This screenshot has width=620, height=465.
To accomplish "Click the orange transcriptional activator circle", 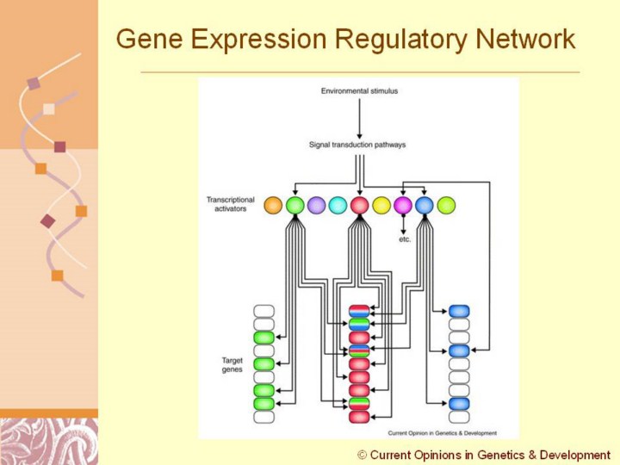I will pyautogui.click(x=273, y=205).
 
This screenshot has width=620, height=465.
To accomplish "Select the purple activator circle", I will pyautogui.click(x=316, y=205).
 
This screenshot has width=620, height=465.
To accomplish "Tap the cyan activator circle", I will pyautogui.click(x=338, y=205).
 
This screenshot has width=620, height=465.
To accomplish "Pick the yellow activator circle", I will pyautogui.click(x=381, y=205).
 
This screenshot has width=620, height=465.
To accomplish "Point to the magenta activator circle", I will pyautogui.click(x=403, y=205).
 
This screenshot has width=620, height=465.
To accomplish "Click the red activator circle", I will pyautogui.click(x=360, y=205).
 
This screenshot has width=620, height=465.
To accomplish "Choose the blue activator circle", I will pyautogui.click(x=425, y=205).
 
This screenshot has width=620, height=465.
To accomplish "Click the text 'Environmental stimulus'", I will pyautogui.click(x=359, y=90).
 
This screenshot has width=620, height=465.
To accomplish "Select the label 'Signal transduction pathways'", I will pyautogui.click(x=357, y=145).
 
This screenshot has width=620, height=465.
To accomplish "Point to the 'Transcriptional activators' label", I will pyautogui.click(x=231, y=205).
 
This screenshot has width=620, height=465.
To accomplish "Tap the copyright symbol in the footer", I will pyautogui.click(x=363, y=455).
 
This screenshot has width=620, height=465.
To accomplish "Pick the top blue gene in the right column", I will pyautogui.click(x=459, y=311).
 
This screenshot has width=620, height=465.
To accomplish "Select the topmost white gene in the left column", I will pyautogui.click(x=263, y=311).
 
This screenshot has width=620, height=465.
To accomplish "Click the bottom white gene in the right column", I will pyautogui.click(x=459, y=417).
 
